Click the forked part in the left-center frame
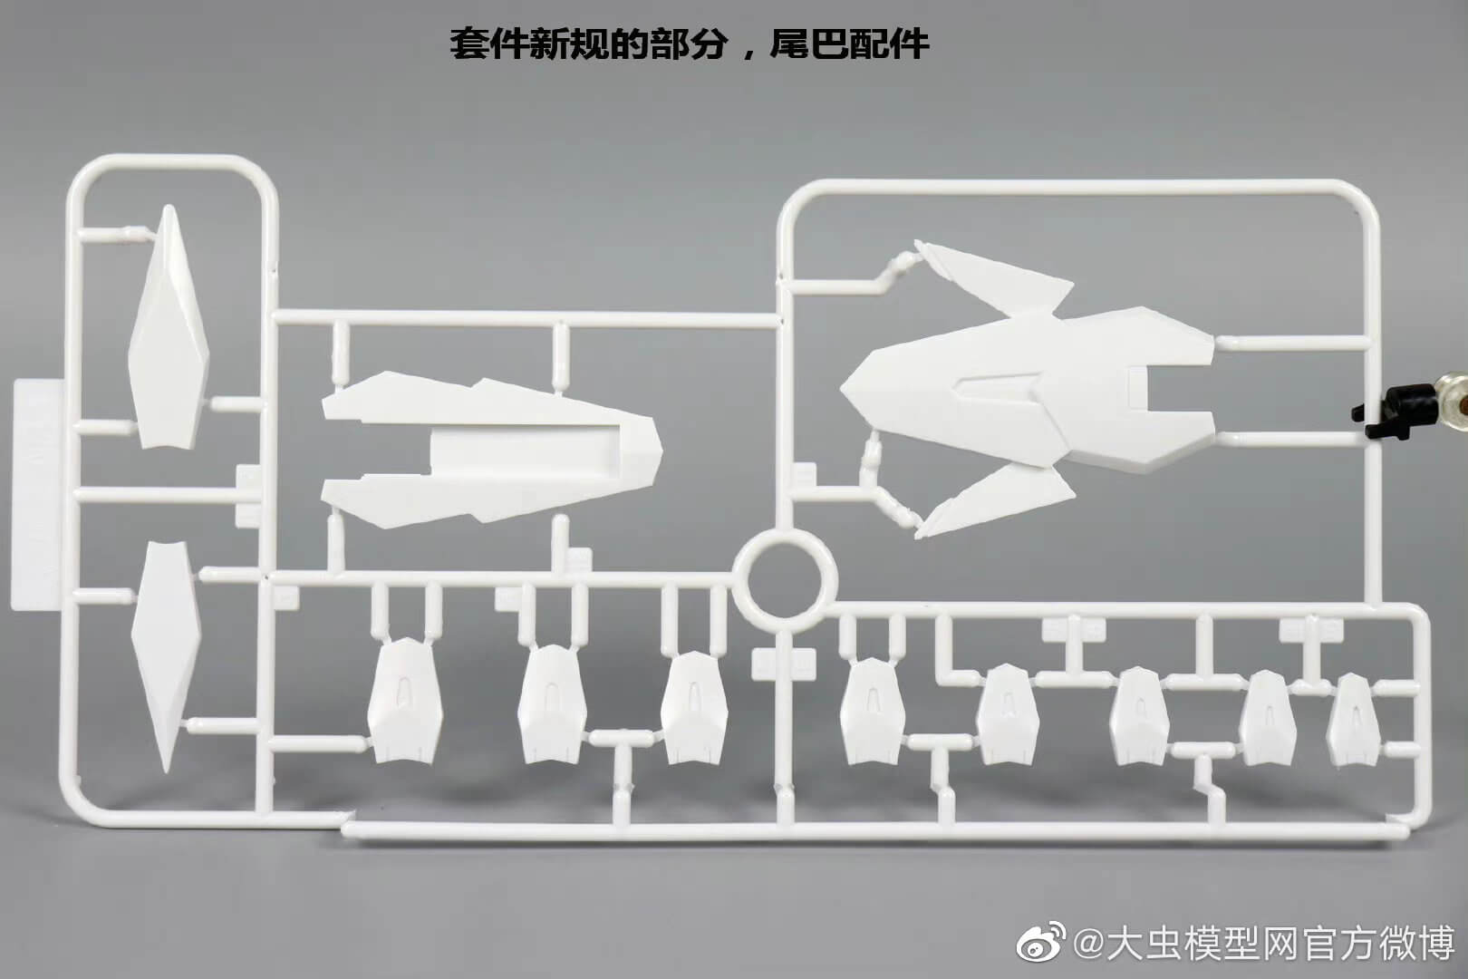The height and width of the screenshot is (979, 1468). coord(489,452)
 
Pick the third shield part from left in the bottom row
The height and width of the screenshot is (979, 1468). coord(694,708)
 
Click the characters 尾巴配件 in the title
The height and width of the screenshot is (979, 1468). coord(849,44)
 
